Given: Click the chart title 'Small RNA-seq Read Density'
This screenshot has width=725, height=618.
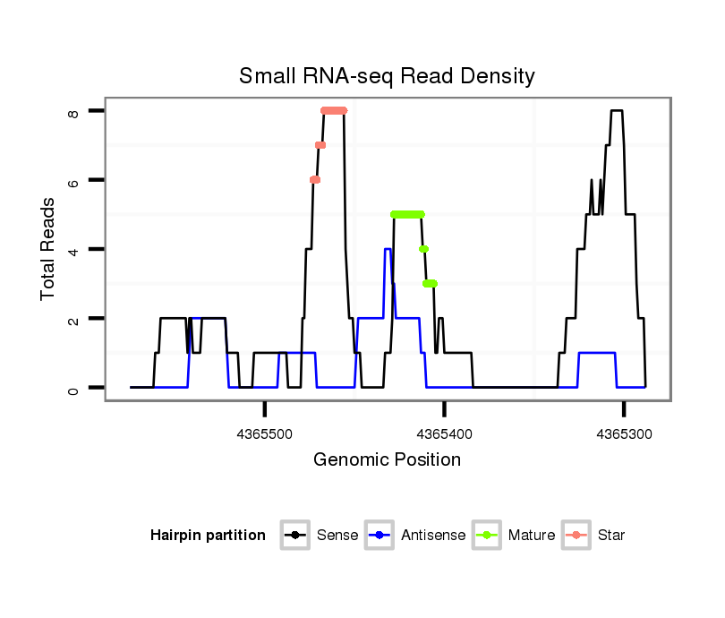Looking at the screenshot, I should coord(387,76).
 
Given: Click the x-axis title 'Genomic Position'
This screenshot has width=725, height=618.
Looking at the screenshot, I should coord(387,460).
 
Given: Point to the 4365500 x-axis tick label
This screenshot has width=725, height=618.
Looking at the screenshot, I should coord(265,433).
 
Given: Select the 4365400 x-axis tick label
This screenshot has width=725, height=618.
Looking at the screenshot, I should coord(444,433).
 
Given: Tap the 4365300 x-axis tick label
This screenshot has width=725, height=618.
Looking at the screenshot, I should coord(624,433).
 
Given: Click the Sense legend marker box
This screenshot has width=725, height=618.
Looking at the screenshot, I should coord(294,536).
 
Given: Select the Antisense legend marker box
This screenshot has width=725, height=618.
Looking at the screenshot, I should coord(379,536).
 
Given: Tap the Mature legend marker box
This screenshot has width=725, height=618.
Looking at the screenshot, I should coord(486,536).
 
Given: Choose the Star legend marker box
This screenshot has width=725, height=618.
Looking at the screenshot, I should coord(576,536).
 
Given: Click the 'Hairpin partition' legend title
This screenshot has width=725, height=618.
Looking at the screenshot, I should coord(208,536).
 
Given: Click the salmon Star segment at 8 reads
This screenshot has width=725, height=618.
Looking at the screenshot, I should coord(334,111).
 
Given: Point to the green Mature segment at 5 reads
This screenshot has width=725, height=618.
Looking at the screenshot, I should coord(407,214).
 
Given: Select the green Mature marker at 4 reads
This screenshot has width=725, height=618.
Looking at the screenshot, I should coord(423,249).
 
